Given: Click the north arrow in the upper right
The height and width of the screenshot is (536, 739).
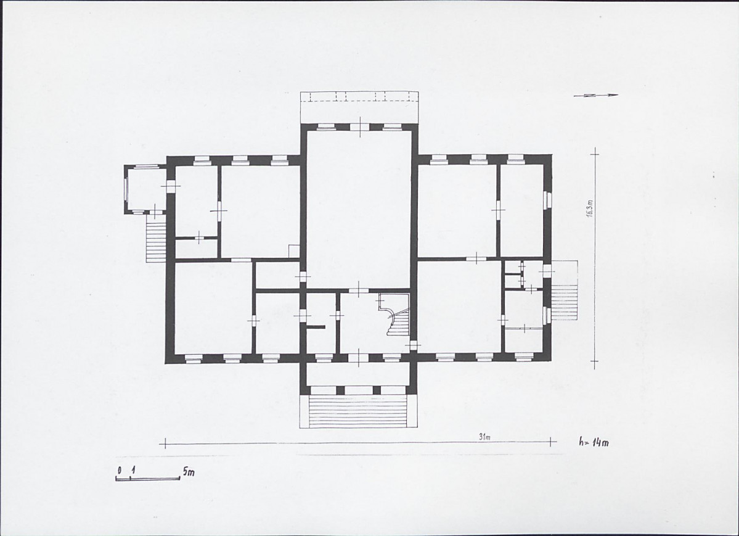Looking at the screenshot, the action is (596, 96).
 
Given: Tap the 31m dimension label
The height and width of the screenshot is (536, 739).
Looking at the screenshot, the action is (485, 437).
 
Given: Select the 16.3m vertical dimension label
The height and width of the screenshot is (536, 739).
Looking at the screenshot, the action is (590, 208).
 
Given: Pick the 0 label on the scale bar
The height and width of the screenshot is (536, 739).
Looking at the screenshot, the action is (120, 471).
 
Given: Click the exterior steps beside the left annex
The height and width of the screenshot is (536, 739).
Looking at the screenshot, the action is (156, 241).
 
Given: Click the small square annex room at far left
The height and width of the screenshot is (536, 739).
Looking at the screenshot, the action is (146, 189).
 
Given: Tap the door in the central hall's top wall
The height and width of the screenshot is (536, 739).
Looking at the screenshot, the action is (361, 126).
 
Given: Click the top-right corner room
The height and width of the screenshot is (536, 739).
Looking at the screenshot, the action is (521, 210).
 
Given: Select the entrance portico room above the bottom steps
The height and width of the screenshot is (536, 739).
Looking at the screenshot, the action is (359, 374).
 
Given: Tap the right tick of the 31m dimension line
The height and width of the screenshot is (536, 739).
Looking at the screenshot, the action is (550, 442).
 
